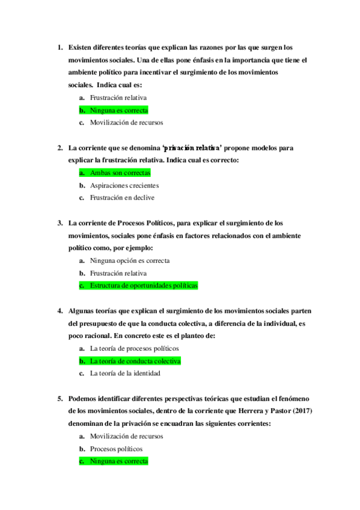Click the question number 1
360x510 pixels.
[59, 47]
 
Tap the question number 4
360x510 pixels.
[59, 310]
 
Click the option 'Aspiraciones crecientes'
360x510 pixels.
[124, 185]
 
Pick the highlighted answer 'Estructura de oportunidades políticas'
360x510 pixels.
[143, 286]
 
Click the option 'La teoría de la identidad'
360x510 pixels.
[125, 373]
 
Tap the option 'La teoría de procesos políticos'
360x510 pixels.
[134, 348]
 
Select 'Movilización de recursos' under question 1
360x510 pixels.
[126, 123]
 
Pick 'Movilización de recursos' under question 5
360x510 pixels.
[126, 436]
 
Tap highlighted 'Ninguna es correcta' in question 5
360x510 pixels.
[118, 461]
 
